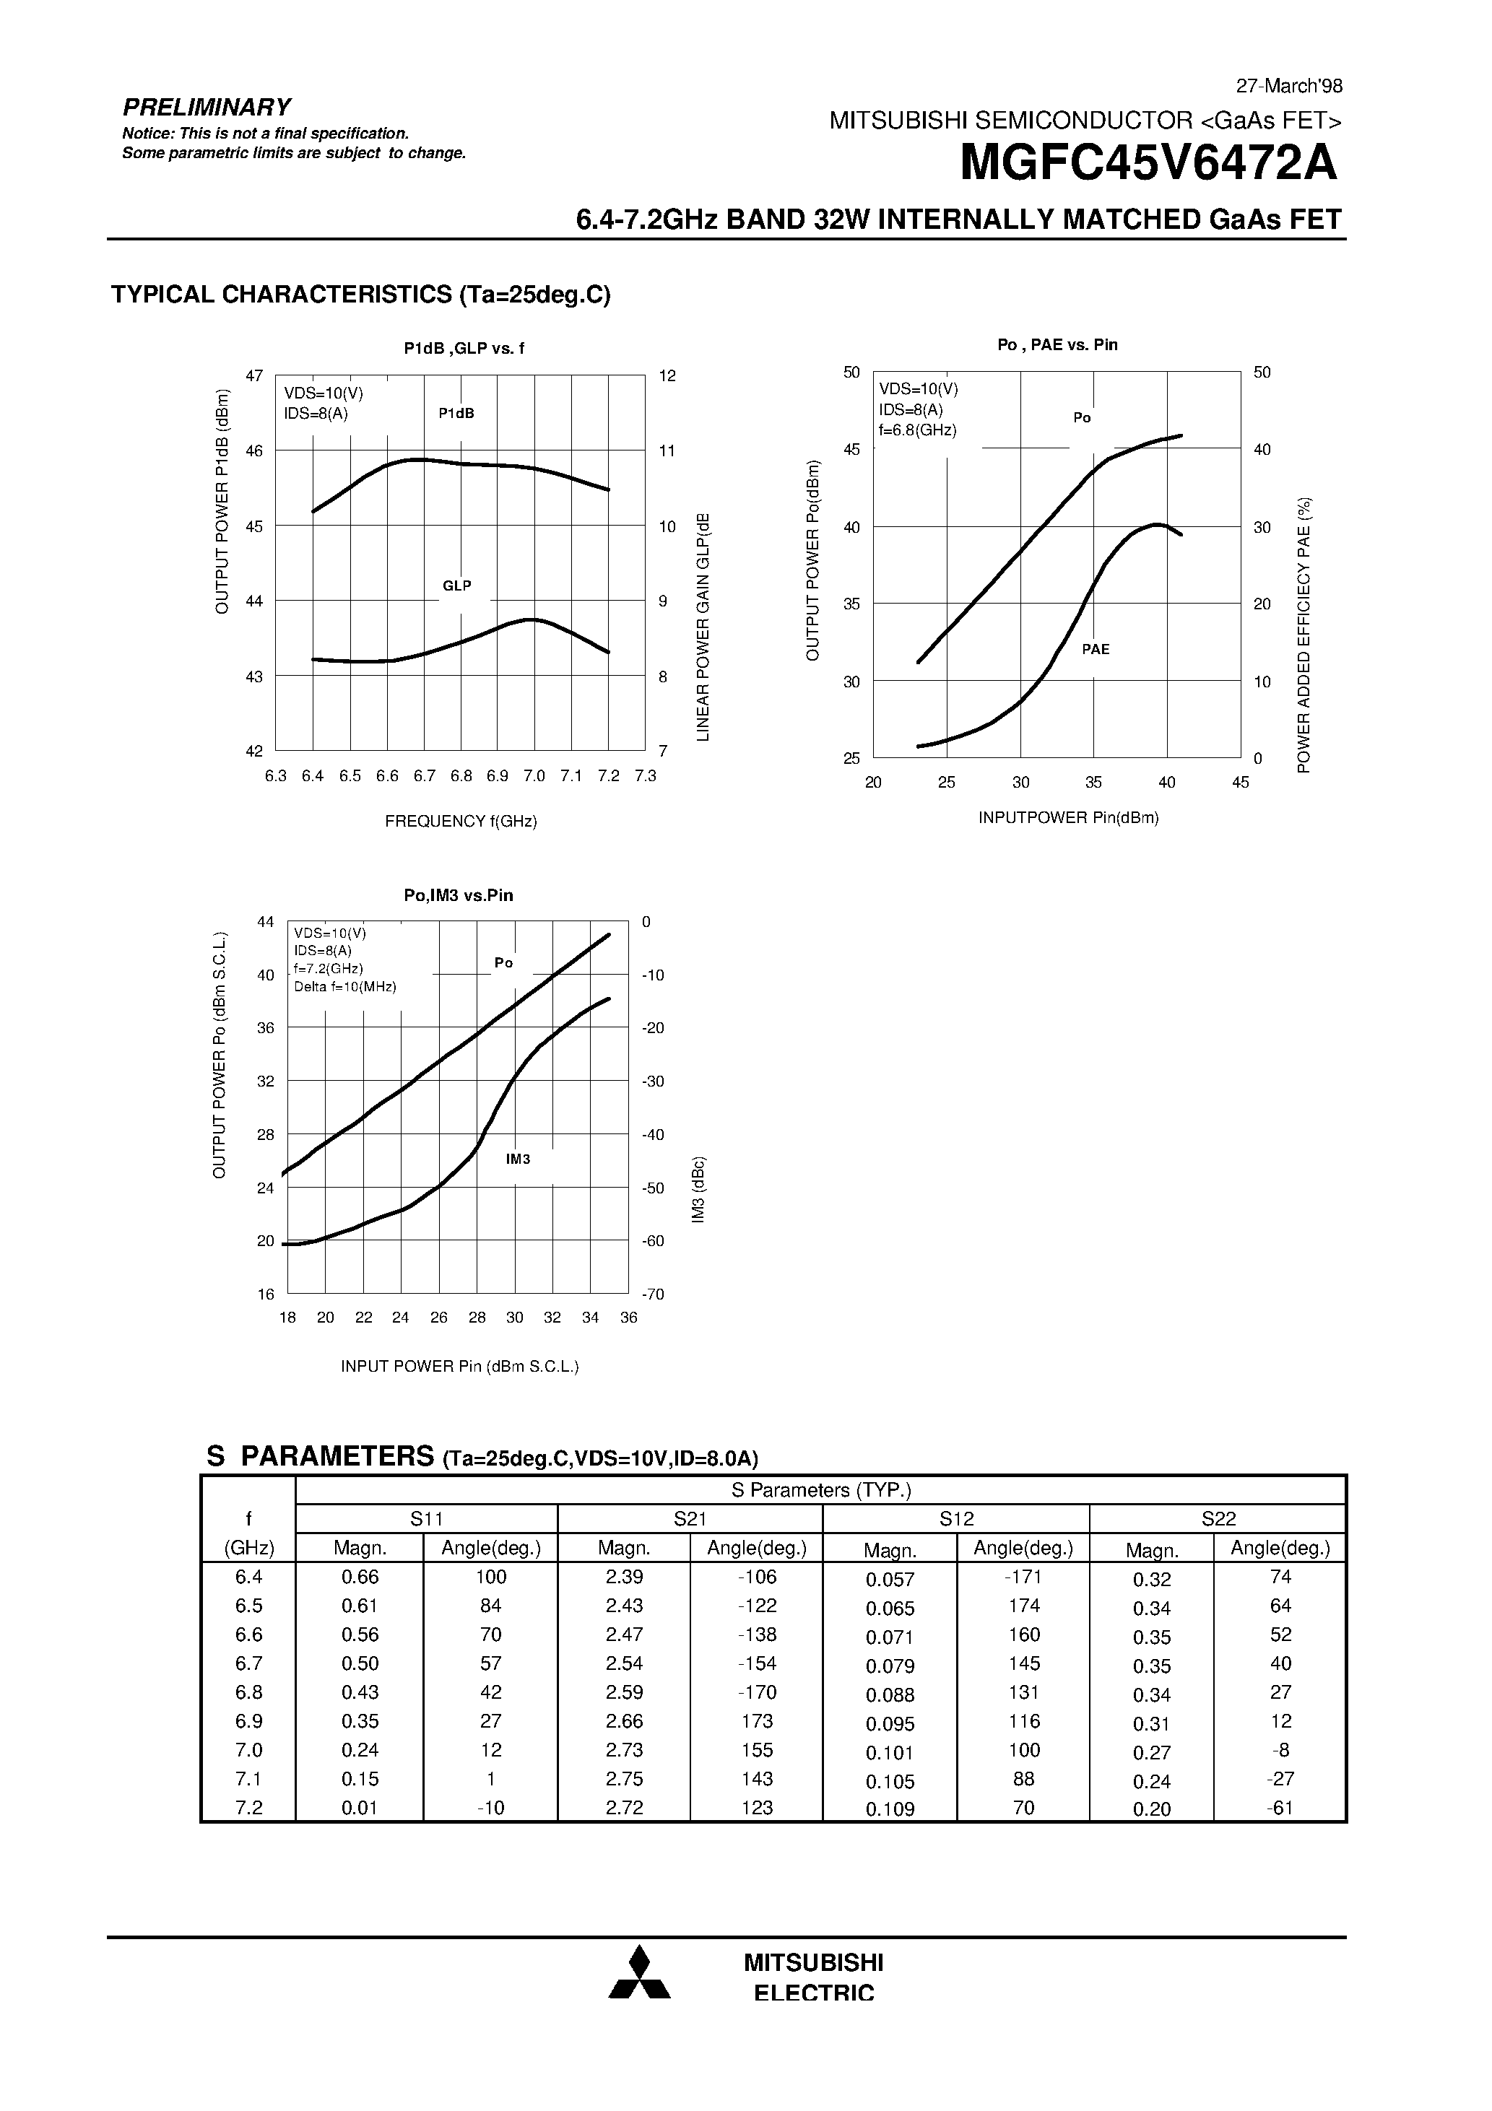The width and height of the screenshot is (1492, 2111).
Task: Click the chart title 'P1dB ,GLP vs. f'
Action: point(464,349)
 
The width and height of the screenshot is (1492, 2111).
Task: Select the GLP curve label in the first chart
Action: point(456,586)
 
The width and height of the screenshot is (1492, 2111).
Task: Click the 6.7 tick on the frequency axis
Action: point(424,776)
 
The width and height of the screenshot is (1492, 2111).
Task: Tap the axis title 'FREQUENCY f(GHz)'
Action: point(461,821)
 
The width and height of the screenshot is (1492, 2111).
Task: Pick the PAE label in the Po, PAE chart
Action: point(1096,649)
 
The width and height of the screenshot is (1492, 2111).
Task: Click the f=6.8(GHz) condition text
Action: point(917,430)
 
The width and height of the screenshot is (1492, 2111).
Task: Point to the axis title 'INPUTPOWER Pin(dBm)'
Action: point(1068,817)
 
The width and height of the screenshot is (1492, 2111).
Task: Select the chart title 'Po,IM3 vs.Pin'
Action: point(458,895)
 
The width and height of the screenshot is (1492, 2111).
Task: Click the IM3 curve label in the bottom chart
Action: point(518,1159)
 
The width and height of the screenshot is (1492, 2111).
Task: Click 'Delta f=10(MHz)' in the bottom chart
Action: point(345,986)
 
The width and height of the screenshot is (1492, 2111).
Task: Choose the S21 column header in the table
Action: point(689,1519)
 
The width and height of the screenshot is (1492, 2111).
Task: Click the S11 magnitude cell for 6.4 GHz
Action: point(360,1577)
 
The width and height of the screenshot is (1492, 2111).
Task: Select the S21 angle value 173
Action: point(756,1721)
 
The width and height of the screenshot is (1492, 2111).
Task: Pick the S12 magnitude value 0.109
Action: point(890,1809)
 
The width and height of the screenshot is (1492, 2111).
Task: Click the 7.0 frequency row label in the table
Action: point(248,1750)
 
